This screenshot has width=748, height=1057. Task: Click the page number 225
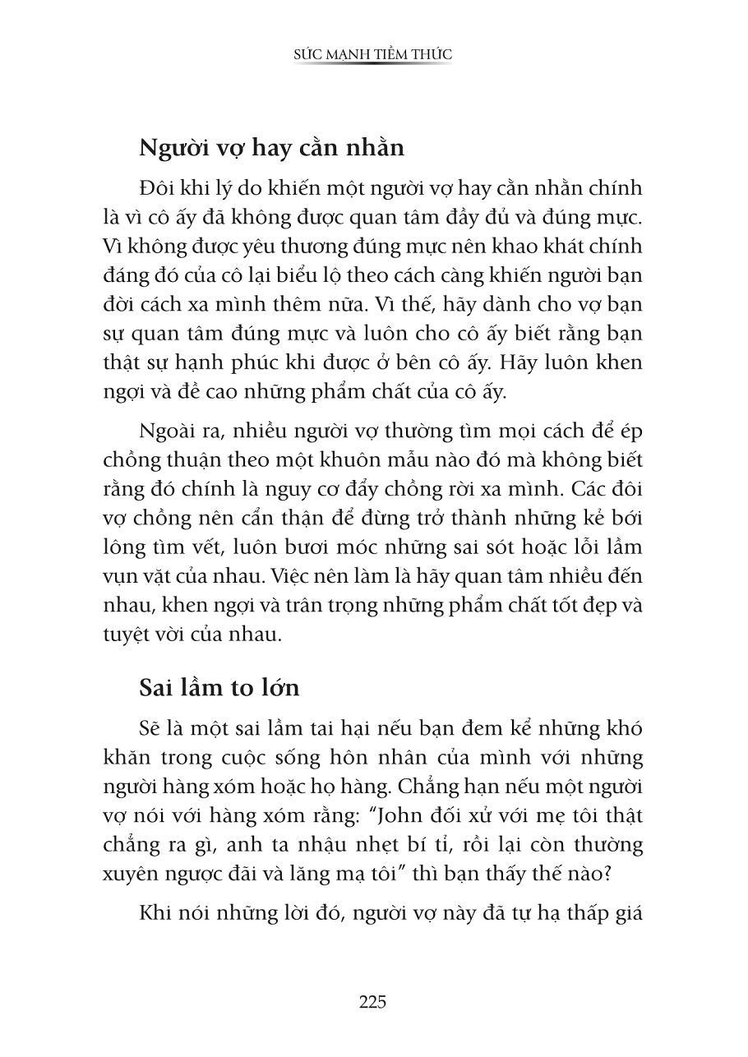(x=372, y=1001)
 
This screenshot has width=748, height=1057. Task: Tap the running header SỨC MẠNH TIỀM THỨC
(x=373, y=54)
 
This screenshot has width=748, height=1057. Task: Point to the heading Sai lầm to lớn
(x=219, y=687)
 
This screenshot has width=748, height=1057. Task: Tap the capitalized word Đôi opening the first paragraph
(x=159, y=188)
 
